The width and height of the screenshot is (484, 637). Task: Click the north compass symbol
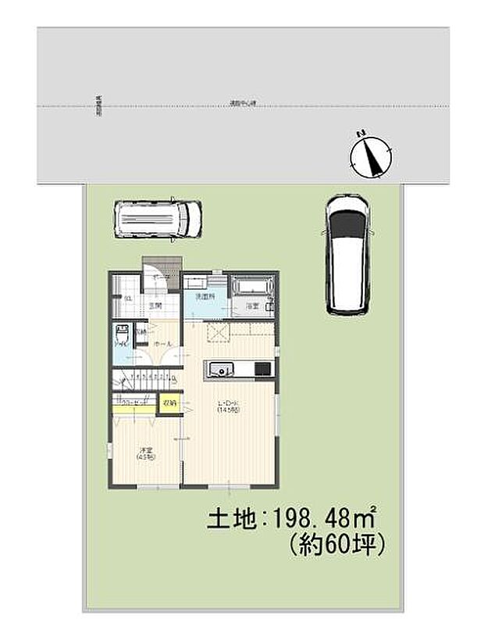point(370,155)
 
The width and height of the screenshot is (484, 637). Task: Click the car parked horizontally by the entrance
point(158,218)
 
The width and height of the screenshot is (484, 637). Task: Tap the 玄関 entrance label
point(155,306)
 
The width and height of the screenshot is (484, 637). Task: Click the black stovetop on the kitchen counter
point(263,368)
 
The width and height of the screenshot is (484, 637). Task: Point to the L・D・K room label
point(230,406)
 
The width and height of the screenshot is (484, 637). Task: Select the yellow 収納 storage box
point(169,403)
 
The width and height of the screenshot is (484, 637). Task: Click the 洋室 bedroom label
point(145,451)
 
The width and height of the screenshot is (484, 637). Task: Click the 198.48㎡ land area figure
point(325,517)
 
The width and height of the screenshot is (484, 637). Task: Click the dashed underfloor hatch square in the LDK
point(216,333)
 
